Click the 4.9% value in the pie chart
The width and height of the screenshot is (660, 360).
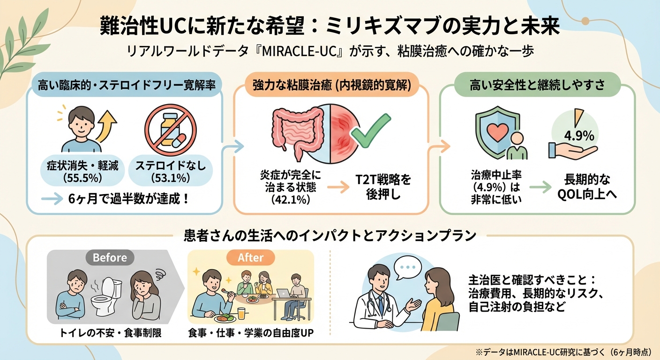pos(578,136)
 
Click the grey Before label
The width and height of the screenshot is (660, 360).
pos(110,257)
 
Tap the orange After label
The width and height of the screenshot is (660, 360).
pos(250,257)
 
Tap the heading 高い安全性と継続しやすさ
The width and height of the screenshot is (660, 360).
pos(538,86)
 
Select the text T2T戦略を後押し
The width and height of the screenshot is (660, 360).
pos(382,187)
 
